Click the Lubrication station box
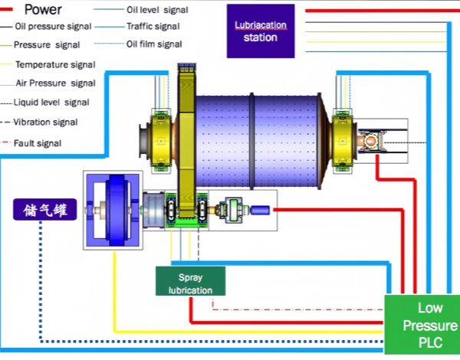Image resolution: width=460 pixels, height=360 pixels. [x=261, y=31]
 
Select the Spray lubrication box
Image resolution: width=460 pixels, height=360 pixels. [x=190, y=280]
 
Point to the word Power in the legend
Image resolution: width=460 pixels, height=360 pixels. [x=44, y=10]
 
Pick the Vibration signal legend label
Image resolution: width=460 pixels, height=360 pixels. [x=51, y=122]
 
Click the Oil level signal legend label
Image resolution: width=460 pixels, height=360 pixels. [x=159, y=10]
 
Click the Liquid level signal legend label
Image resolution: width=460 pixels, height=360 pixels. [x=53, y=102]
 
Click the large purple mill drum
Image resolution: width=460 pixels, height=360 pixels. [x=257, y=142]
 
